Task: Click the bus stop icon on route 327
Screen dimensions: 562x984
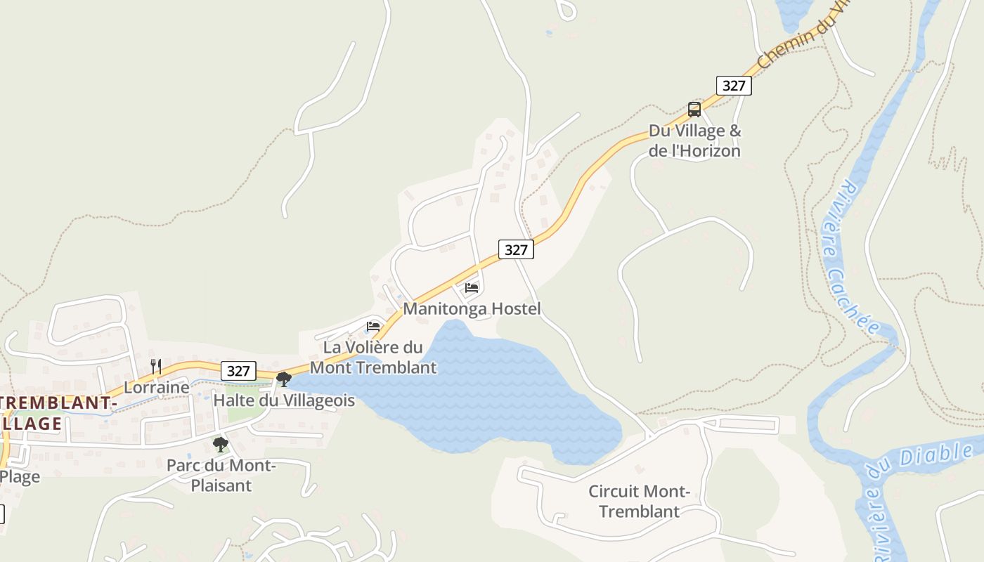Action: click(694, 109)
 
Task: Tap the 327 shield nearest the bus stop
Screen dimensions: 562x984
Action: click(734, 86)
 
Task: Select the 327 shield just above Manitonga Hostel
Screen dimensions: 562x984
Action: click(516, 249)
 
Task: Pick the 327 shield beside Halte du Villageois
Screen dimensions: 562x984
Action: click(238, 371)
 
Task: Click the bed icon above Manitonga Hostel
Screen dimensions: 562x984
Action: click(472, 287)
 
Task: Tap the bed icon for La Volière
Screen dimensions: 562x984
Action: click(373, 326)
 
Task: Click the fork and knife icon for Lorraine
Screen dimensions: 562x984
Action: click(156, 366)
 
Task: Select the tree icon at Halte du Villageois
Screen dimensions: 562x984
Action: click(284, 379)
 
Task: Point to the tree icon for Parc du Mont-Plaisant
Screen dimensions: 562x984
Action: click(221, 444)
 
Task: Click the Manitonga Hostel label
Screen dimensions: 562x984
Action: click(472, 308)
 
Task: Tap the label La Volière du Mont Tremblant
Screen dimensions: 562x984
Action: click(373, 357)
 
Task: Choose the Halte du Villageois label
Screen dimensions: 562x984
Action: click(284, 400)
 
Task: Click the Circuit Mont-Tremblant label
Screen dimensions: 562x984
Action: click(639, 501)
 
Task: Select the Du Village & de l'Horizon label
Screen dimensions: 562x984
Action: click(694, 140)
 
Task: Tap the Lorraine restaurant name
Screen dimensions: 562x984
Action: click(157, 387)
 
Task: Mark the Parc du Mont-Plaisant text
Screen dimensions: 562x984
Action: click(221, 475)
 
